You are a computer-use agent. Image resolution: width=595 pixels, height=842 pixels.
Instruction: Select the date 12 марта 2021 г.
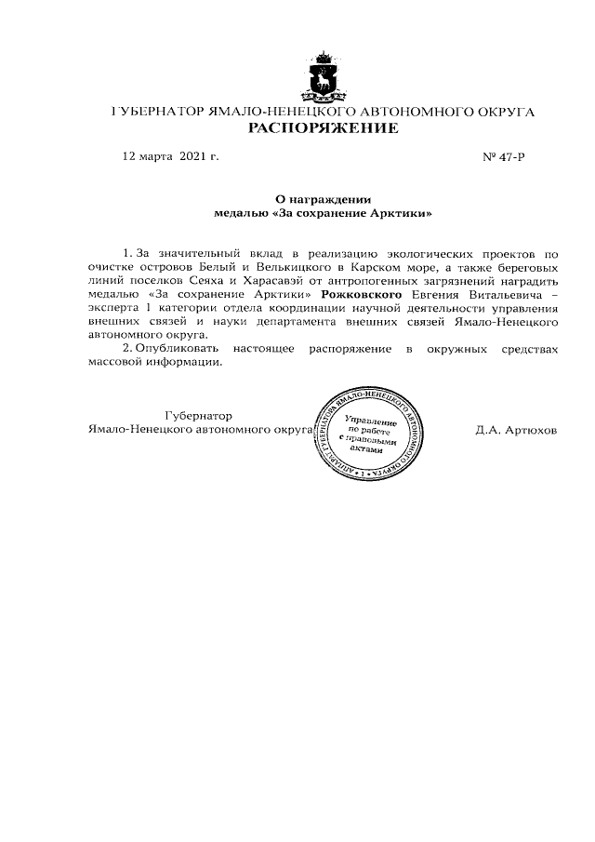(170, 156)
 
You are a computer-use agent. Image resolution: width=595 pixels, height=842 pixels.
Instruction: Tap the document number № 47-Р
(504, 156)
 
